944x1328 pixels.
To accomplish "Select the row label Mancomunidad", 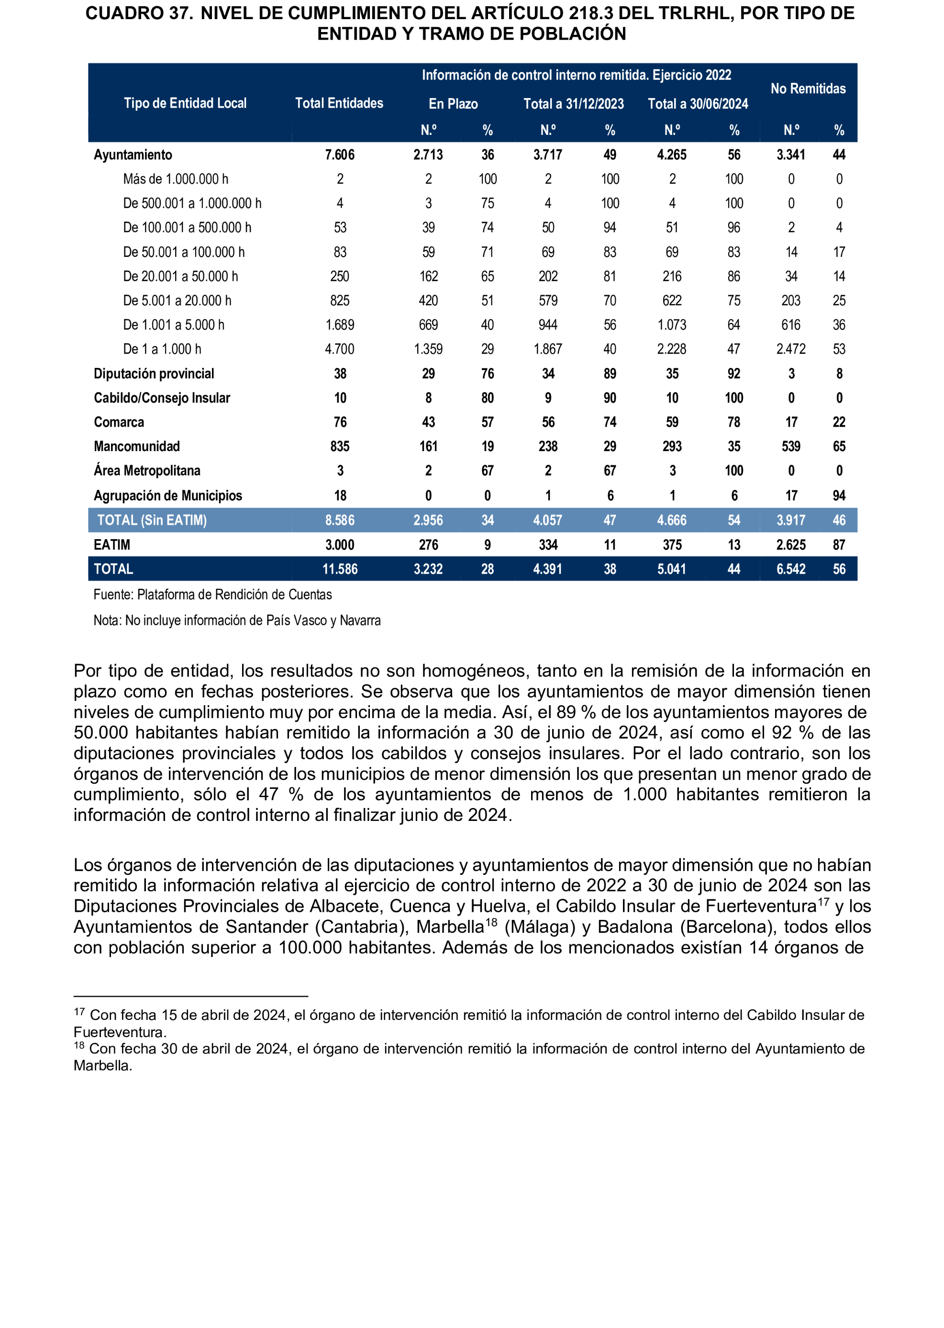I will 137,446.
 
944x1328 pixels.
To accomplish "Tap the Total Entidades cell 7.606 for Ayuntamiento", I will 340,155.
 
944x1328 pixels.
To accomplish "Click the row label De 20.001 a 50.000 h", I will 180,276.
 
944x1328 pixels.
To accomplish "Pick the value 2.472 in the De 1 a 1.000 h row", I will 790,349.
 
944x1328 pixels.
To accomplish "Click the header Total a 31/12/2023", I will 573,104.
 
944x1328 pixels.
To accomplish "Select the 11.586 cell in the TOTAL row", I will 340,569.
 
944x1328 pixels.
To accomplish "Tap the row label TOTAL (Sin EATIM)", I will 152,520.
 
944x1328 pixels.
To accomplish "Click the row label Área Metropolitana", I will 147,471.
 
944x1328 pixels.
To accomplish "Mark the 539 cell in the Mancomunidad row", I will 790,446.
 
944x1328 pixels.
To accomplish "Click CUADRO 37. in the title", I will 139,13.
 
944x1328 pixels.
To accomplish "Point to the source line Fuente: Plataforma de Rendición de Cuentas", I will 213,595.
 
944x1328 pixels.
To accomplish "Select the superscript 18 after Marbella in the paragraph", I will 491,921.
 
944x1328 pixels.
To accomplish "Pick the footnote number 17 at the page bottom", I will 79,1012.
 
